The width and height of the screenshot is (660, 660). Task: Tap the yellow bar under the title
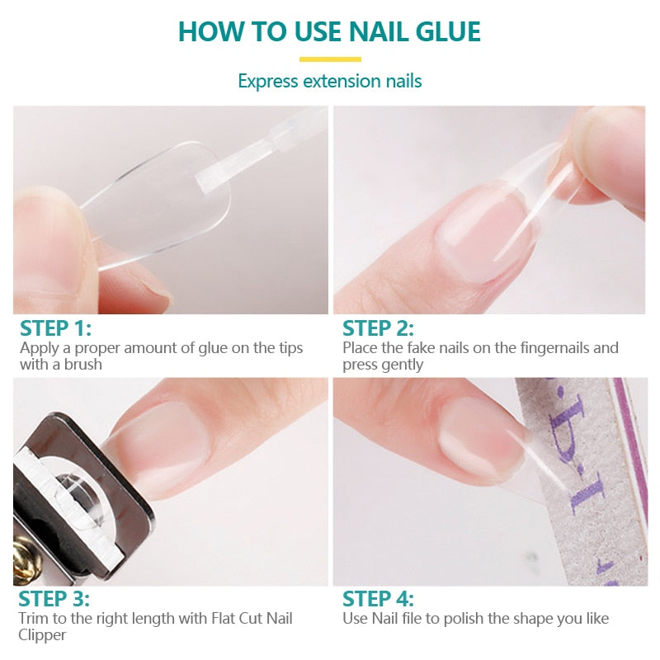coord(330,59)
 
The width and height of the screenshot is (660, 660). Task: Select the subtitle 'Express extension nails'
coord(330,81)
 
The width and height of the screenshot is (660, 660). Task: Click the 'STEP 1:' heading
coord(56,328)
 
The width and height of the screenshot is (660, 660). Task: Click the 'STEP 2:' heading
coord(379,328)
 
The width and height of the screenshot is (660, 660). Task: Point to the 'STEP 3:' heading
coord(54,598)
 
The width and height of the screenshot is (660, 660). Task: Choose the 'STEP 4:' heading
coord(379,598)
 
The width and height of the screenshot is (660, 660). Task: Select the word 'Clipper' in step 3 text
coord(43,635)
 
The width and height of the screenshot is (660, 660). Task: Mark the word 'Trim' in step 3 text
coord(34,618)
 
